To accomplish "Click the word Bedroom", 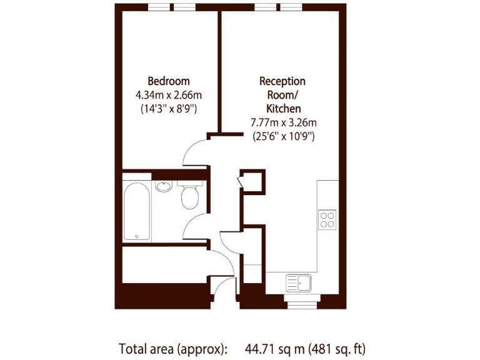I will click(x=168, y=81).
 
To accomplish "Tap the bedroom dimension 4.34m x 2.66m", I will click(x=168, y=95).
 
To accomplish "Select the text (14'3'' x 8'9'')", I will click(x=168, y=108).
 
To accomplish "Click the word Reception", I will click(x=282, y=81).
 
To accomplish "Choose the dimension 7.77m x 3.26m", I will click(x=282, y=122).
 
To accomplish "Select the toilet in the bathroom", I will click(x=189, y=196).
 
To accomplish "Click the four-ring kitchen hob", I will click(x=327, y=219).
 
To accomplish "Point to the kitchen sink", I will click(x=299, y=282).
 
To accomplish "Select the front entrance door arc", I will click(x=220, y=286).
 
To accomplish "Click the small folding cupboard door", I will click(x=241, y=182).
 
